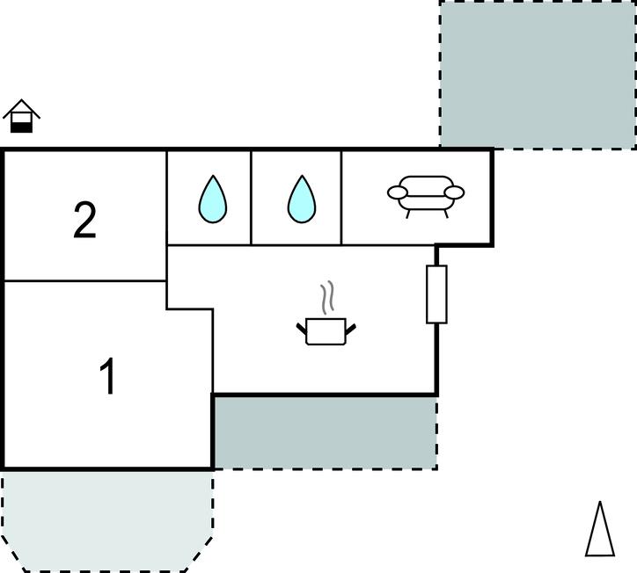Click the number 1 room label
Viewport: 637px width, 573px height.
coord(107,378)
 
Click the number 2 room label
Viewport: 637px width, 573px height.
coord(84,221)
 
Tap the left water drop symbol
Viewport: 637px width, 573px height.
coord(212,199)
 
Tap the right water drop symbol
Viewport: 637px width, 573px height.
coord(301,199)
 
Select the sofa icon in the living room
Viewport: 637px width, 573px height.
coord(426,195)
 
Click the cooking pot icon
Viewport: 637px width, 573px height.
coord(326,331)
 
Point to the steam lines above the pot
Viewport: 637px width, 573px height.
coord(328,298)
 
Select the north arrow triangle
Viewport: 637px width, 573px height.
coord(600,530)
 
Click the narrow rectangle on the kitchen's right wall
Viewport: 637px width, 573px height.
coord(436,294)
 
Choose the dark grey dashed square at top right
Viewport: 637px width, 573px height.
coord(538,74)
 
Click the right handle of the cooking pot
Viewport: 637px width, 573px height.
coord(350,329)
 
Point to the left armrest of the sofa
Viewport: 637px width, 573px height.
coord(398,192)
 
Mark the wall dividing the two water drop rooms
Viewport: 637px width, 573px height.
coord(252,198)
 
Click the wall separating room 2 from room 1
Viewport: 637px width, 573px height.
coord(84,281)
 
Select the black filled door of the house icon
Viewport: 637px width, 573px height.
coord(22,127)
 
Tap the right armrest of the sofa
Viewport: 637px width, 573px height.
coord(454,192)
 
